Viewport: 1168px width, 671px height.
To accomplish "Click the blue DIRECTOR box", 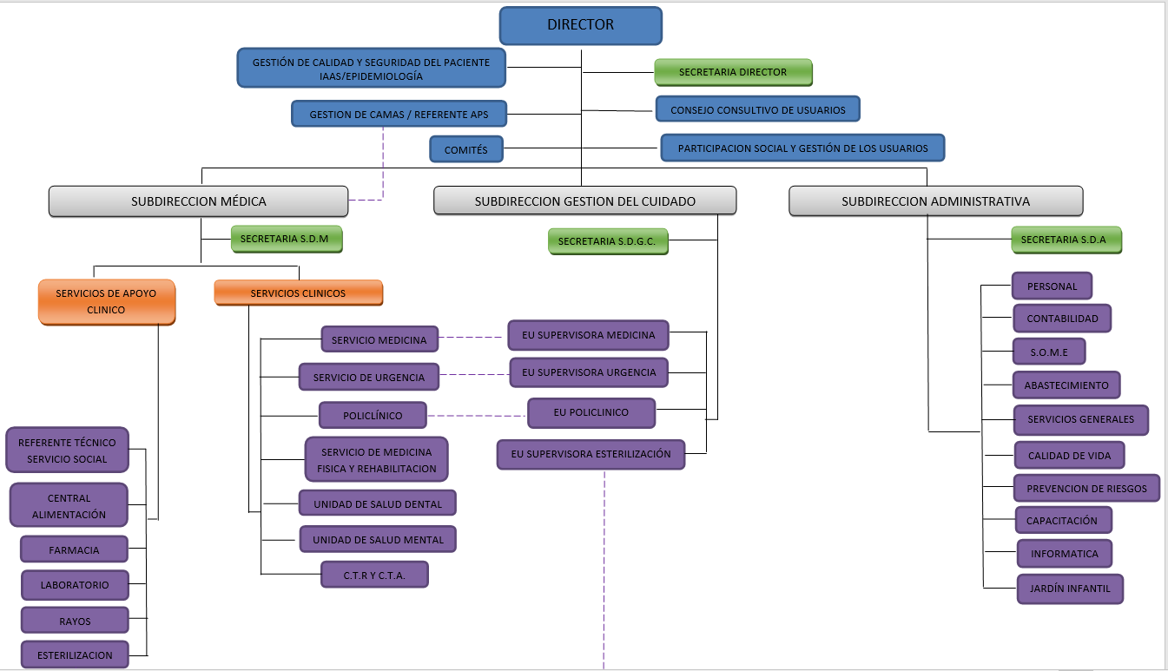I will pos(580,25).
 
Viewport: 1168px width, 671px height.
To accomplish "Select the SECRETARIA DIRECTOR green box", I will pos(733,72).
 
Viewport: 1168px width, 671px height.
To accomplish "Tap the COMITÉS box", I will pos(466,149).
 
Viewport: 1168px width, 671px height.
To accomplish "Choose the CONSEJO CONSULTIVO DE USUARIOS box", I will pos(757,109).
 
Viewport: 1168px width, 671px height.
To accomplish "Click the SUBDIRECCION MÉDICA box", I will pos(198,201).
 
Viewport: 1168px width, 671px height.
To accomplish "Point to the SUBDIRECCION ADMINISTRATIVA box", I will pos(935,201).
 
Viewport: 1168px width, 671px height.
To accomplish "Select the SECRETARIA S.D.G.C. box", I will pos(607,240).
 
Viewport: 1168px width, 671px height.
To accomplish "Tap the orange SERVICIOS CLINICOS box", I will pos(298,293).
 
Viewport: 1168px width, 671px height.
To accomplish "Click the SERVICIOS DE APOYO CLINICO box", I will pos(106,301).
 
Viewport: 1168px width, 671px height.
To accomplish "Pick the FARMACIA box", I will pos(74,549).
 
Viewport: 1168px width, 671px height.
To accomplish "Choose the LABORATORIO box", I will pos(75,584).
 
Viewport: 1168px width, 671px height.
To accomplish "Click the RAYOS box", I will pos(75,621).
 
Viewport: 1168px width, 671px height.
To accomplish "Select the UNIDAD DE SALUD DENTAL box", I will pos(378,503).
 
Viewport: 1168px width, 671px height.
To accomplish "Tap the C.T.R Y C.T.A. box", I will pos(374,574).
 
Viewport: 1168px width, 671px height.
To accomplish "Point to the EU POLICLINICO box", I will pos(591,412).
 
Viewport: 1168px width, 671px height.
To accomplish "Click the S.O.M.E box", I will pos(1048,352).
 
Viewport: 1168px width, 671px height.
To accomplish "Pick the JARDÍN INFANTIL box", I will pos(1069,589).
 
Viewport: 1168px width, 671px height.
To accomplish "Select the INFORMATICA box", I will pos(1064,553).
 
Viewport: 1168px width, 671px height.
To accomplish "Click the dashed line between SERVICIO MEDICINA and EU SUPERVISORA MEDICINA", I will pos(472,337).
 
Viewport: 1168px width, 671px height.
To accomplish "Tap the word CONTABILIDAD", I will pos(1062,319).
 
